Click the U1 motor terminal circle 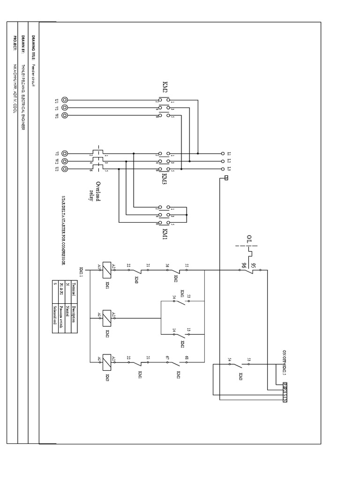tap(64, 100)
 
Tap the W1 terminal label tap(56, 115)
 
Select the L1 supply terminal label tap(229, 153)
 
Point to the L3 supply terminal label tap(229, 168)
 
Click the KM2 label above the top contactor tap(165, 87)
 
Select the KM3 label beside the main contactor tap(165, 180)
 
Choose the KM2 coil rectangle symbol tap(106, 317)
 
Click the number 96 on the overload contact tap(243, 265)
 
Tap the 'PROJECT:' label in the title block tap(15, 43)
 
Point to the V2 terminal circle tap(64, 153)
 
